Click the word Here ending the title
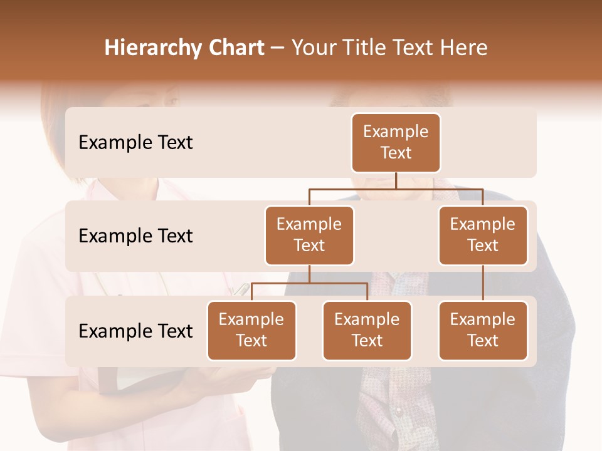463,48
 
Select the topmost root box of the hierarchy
396,142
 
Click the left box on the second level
309,235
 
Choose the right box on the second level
483,235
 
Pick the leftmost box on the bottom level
251,330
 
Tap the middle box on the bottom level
367,330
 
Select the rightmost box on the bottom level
483,330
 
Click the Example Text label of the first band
135,142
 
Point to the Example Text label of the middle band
135,236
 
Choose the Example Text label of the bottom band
135,331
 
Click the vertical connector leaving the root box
396,180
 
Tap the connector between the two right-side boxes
483,283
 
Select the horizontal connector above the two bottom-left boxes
309,283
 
